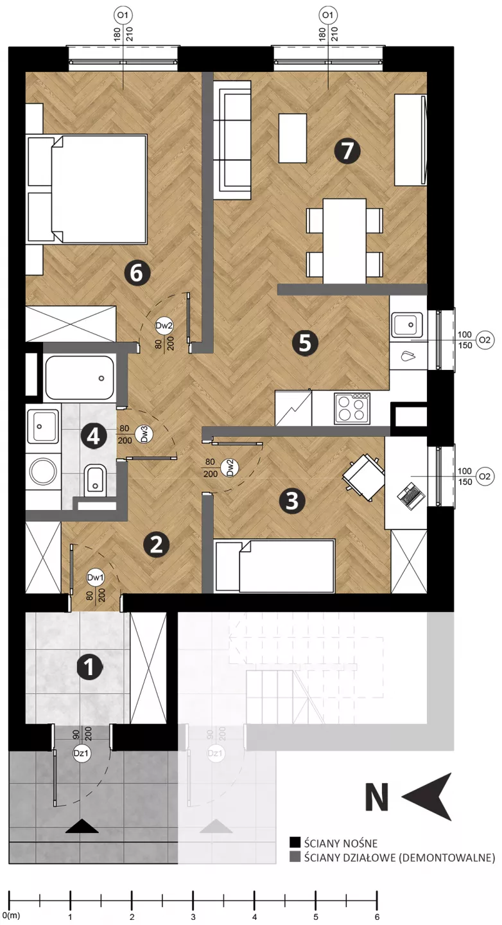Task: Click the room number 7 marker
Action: (x=347, y=150)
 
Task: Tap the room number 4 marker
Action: (x=94, y=436)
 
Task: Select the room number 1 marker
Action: (x=90, y=666)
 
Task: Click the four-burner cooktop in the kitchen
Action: (x=352, y=409)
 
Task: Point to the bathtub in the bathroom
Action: (x=79, y=378)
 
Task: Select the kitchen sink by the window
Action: (x=406, y=325)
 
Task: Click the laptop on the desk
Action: (x=411, y=495)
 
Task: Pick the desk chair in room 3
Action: (x=362, y=477)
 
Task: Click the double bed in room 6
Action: (x=87, y=189)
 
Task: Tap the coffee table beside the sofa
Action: (x=293, y=138)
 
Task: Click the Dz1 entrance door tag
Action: (x=81, y=753)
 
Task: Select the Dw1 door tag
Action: (x=95, y=577)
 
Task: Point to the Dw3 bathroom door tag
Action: (x=144, y=434)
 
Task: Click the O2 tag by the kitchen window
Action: (x=485, y=340)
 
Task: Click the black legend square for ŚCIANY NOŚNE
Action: (x=295, y=843)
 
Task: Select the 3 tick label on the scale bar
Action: (x=193, y=917)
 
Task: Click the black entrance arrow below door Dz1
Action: (x=82, y=825)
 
